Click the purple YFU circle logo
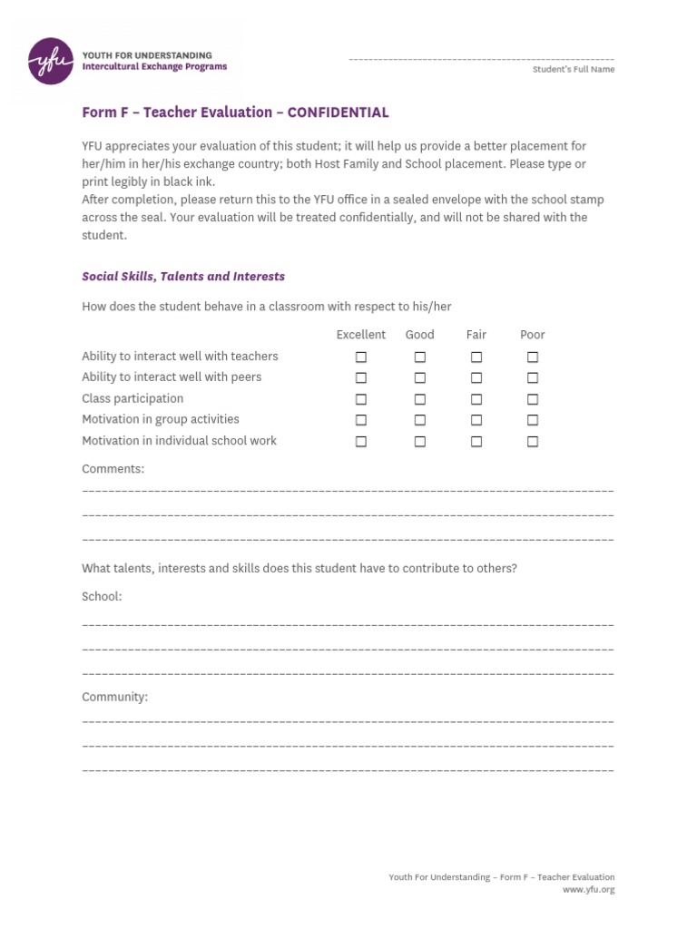click(51, 61)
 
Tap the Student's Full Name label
click(573, 70)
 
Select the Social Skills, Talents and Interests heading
click(183, 277)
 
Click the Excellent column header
click(360, 335)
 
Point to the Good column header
click(419, 335)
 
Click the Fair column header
click(476, 335)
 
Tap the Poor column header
click(532, 335)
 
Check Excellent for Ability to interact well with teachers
click(361, 357)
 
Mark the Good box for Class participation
click(420, 399)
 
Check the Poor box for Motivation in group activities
click(533, 420)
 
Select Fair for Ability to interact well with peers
click(476, 378)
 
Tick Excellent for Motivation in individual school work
click(361, 442)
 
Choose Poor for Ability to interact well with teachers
click(533, 357)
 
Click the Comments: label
click(113, 469)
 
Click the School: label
click(102, 597)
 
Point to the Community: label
click(114, 698)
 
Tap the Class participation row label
click(133, 398)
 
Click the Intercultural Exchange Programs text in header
click(154, 67)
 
